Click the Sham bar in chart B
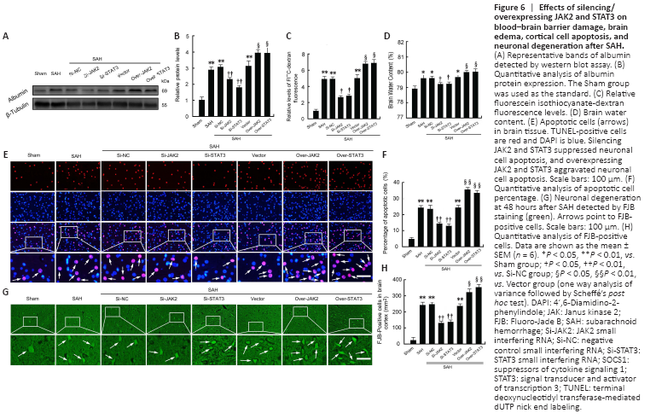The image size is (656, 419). (202, 106)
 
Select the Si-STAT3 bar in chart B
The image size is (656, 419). (240, 100)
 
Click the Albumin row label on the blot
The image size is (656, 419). (17, 90)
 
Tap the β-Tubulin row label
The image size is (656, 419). (17, 105)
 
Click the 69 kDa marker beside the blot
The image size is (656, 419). (165, 90)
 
